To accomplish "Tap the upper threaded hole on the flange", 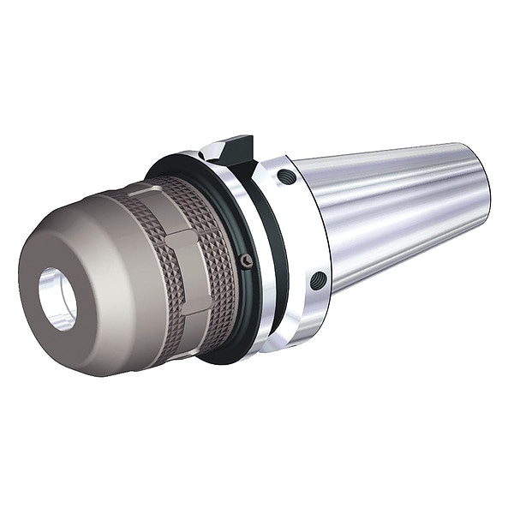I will (286, 177).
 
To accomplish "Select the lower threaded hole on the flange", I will (318, 280).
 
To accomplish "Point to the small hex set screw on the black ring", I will (247, 261).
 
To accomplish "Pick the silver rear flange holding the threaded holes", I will (300, 231).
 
